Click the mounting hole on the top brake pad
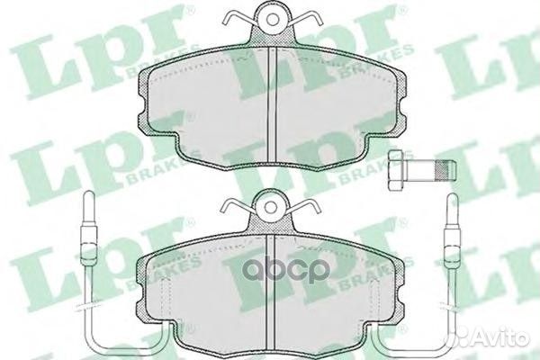pyautogui.click(x=273, y=20)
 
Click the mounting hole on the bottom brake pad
pyautogui.click(x=272, y=206)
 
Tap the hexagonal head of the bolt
pyautogui.click(x=395, y=170)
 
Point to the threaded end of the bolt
pyautogui.click(x=446, y=170)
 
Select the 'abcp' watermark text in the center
pyautogui.click(x=287, y=271)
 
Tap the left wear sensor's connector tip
pyautogui.click(x=88, y=208)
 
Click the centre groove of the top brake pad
pyautogui.click(x=273, y=104)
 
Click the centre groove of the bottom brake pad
pyautogui.click(x=271, y=292)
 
